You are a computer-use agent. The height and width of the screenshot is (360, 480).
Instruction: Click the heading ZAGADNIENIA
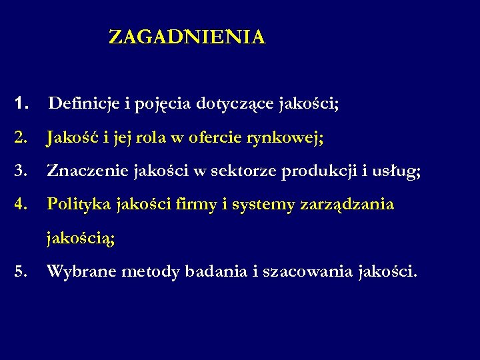tap(187, 37)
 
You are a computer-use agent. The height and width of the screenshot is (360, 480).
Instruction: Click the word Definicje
tap(84, 103)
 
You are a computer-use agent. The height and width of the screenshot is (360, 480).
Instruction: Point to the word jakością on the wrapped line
tap(80, 239)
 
